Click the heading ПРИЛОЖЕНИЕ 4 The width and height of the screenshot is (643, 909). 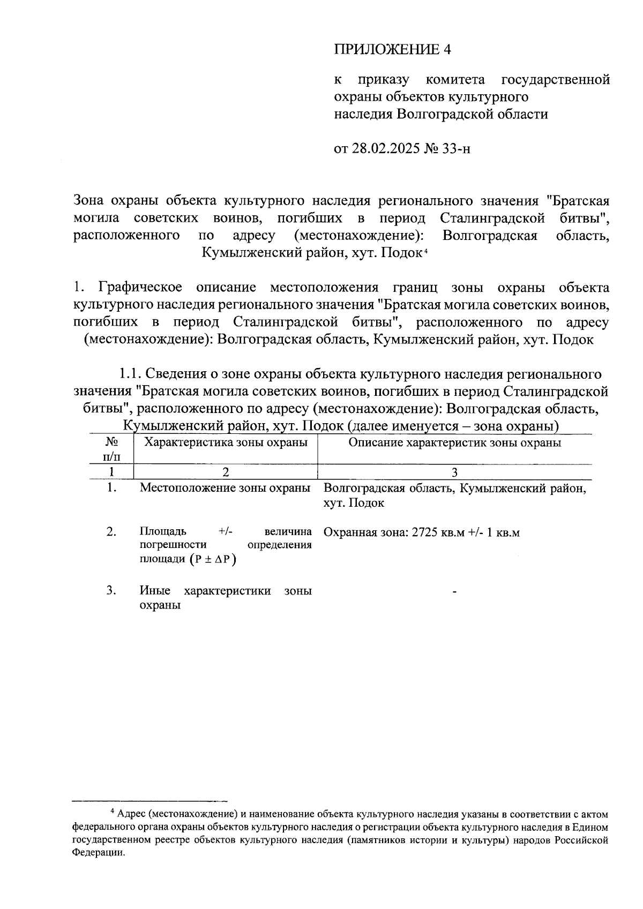pos(393,50)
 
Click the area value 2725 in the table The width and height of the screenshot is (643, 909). pos(425,532)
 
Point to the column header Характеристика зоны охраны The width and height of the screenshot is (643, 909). pos(226,442)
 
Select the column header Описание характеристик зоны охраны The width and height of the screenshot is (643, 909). pos(454,442)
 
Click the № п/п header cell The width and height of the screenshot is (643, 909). pos(111,449)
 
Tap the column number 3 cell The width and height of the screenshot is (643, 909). pos(454,472)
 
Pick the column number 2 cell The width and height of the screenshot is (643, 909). pos(226,472)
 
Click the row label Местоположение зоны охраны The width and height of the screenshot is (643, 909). pos(225,488)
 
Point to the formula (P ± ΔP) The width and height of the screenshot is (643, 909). pos(213,559)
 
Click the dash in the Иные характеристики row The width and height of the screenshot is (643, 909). pos(454,592)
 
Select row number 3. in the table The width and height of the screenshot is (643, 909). pos(111,590)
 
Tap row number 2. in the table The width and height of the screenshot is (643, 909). pos(111,531)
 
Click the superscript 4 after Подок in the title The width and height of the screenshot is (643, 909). pos(425,251)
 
